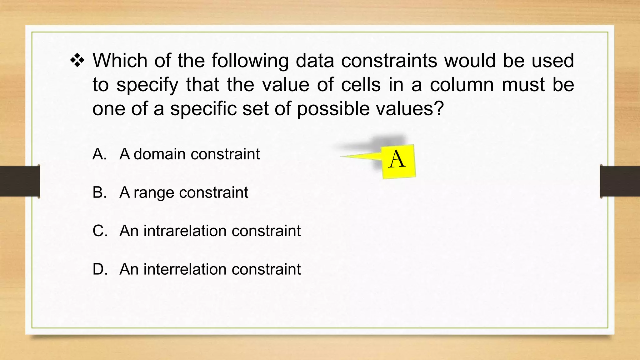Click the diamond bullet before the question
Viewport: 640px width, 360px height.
[77, 60]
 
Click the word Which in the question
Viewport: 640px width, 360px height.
[120, 60]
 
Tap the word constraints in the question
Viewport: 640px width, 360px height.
[389, 60]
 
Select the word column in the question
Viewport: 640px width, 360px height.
[462, 85]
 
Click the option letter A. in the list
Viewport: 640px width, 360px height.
[100, 154]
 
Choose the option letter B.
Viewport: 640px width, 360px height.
[100, 192]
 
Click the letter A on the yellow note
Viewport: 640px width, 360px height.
[397, 159]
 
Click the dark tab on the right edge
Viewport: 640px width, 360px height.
[620, 181]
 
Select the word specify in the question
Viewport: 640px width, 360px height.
[147, 85]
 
